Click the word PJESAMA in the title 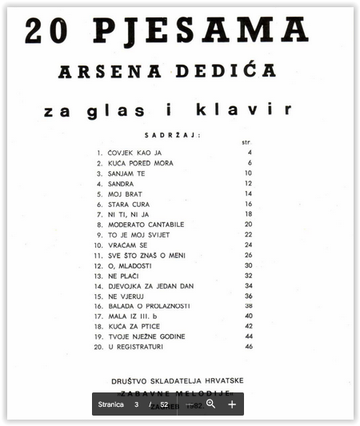(x=201, y=30)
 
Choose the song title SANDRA (x=121, y=183)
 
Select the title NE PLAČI (x=125, y=276)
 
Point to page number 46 (x=249, y=347)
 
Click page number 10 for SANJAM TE (x=249, y=173)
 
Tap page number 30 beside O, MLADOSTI (x=249, y=265)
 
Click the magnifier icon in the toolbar (x=211, y=404)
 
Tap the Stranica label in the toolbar (x=111, y=404)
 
